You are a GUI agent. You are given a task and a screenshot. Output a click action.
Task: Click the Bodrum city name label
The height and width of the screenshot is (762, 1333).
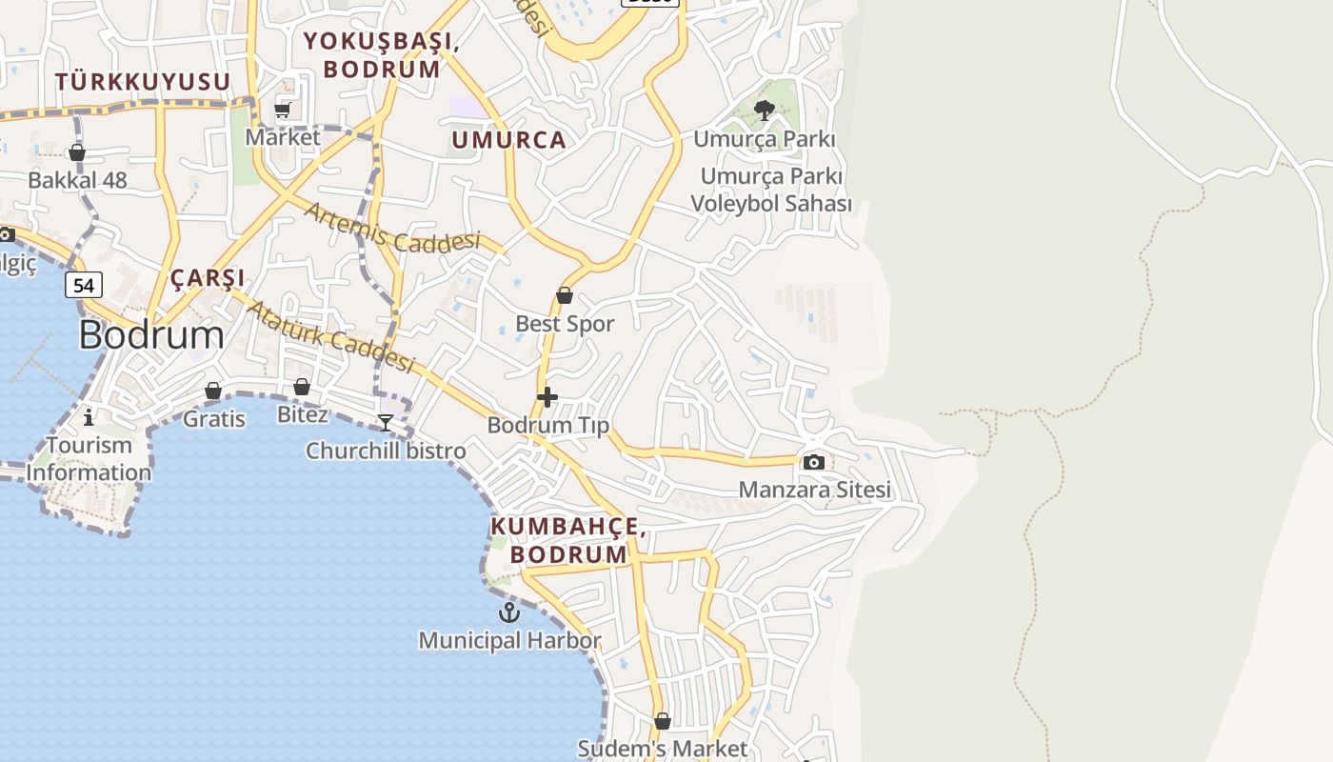coord(151,335)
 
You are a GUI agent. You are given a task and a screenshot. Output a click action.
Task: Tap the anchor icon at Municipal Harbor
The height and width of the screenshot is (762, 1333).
coord(509,612)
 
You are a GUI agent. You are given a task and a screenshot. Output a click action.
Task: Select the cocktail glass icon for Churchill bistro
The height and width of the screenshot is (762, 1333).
coord(386,422)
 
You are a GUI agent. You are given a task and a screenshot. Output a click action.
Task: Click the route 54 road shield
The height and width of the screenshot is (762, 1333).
coord(84,285)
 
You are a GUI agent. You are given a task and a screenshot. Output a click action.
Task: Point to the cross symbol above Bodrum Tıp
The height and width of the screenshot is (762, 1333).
coord(547,397)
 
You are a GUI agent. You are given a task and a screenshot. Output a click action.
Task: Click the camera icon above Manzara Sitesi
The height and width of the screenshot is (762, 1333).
coord(813,463)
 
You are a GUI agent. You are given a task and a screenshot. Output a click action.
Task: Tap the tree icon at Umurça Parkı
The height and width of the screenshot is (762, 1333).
coord(764,110)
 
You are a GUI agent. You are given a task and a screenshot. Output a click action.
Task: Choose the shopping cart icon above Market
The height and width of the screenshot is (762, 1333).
coord(283,110)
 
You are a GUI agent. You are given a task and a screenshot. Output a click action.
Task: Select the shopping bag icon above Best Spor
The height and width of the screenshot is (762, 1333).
coord(565,295)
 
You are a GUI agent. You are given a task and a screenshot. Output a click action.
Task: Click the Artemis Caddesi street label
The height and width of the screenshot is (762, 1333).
coord(391,228)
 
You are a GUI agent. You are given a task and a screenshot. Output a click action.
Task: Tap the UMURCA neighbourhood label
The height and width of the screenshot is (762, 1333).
coord(508,140)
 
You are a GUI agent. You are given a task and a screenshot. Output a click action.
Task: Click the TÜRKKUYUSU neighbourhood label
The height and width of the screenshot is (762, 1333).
coord(143,82)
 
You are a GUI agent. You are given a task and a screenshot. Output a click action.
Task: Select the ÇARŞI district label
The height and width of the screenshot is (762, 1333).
coord(208,278)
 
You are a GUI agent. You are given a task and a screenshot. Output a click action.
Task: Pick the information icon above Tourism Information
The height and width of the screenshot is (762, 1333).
coord(89,416)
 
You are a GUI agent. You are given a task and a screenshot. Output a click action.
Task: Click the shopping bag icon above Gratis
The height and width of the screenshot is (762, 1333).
coord(213,391)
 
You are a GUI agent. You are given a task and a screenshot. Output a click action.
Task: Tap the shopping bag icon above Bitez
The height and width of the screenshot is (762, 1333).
coord(302,387)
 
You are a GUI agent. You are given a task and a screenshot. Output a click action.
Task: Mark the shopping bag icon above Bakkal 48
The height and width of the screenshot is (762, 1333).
coord(77,152)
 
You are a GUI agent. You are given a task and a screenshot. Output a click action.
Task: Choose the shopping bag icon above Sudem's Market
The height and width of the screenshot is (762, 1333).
coord(663,721)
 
